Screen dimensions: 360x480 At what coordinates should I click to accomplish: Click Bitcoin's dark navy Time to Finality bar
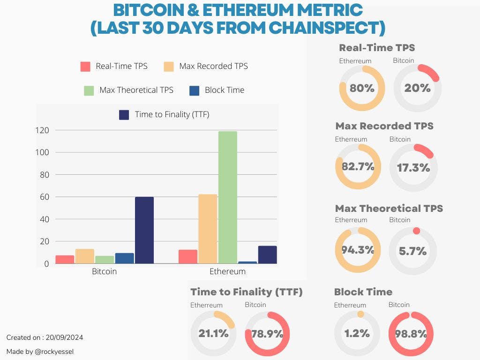[144, 230]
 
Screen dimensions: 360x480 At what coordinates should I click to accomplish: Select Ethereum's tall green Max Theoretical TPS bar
[227, 197]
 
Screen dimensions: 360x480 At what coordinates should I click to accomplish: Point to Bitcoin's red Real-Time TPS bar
[65, 259]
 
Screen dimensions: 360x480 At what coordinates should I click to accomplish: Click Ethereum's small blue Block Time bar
[247, 262]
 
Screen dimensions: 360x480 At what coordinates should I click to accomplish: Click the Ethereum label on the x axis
[227, 271]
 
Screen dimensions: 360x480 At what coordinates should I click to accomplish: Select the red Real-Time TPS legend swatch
[85, 67]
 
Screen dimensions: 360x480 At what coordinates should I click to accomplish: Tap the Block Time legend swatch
[194, 90]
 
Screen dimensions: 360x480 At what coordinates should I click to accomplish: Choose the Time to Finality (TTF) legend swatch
[124, 115]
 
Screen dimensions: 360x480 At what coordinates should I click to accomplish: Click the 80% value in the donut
[362, 88]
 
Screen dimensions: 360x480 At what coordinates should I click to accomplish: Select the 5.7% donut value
[412, 251]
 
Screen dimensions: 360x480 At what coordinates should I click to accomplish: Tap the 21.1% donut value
[213, 334]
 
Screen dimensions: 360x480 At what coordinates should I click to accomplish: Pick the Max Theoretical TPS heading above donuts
[389, 208]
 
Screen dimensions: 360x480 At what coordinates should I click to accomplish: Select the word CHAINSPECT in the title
[326, 28]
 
